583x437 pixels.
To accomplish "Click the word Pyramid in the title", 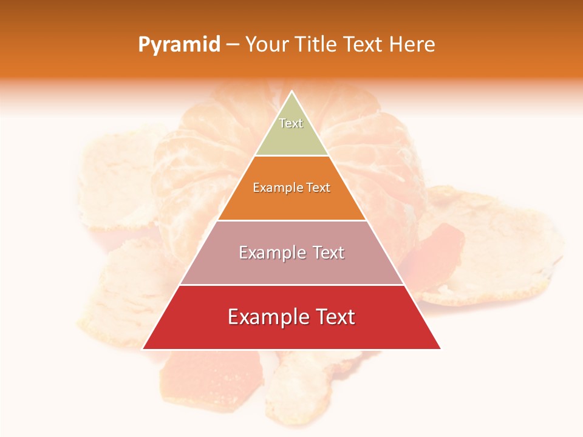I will pos(179,45).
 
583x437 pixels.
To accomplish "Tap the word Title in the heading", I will pos(316,45).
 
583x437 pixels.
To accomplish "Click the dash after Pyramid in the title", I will pos(233,45).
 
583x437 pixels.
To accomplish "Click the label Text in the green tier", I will pos(291,123).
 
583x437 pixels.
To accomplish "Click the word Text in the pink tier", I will pos(328,252).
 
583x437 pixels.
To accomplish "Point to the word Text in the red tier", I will pos(334,317).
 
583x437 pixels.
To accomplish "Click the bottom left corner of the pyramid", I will pos(143,349).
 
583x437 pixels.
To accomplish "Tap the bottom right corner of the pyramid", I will pos(440,349).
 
